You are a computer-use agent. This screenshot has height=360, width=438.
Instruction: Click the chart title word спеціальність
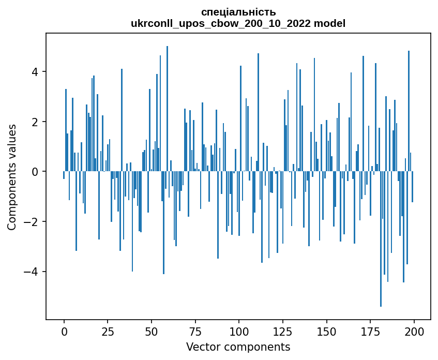[x=238, y=12]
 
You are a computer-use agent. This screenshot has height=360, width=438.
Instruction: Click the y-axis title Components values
[x=12, y=177]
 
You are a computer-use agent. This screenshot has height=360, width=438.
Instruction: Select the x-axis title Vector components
[x=238, y=347]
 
